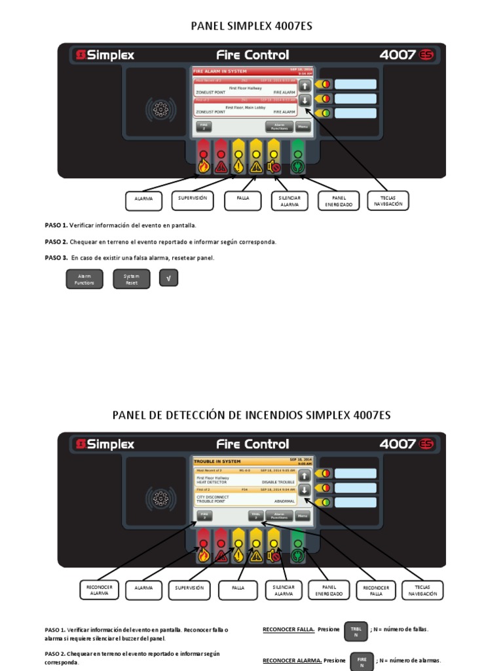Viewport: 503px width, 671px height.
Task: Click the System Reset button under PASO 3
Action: (132, 279)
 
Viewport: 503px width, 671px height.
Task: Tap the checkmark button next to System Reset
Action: (169, 279)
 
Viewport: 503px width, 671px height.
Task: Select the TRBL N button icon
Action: (356, 631)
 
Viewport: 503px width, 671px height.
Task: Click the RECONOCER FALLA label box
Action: (376, 590)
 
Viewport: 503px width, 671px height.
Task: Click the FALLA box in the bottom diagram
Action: (238, 588)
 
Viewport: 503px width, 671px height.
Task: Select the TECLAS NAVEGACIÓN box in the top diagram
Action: (388, 201)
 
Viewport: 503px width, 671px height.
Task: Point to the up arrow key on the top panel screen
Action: (305, 86)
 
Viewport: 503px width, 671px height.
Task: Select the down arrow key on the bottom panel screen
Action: (305, 489)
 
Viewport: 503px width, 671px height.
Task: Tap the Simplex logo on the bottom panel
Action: (105, 444)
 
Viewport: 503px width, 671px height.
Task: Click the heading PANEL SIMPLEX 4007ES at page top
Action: (251, 26)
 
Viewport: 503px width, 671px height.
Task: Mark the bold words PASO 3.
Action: (56, 258)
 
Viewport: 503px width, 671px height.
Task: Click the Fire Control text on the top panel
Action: (252, 55)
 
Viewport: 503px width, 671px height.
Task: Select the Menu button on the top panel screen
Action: (303, 126)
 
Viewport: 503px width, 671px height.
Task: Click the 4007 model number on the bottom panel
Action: (398, 444)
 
